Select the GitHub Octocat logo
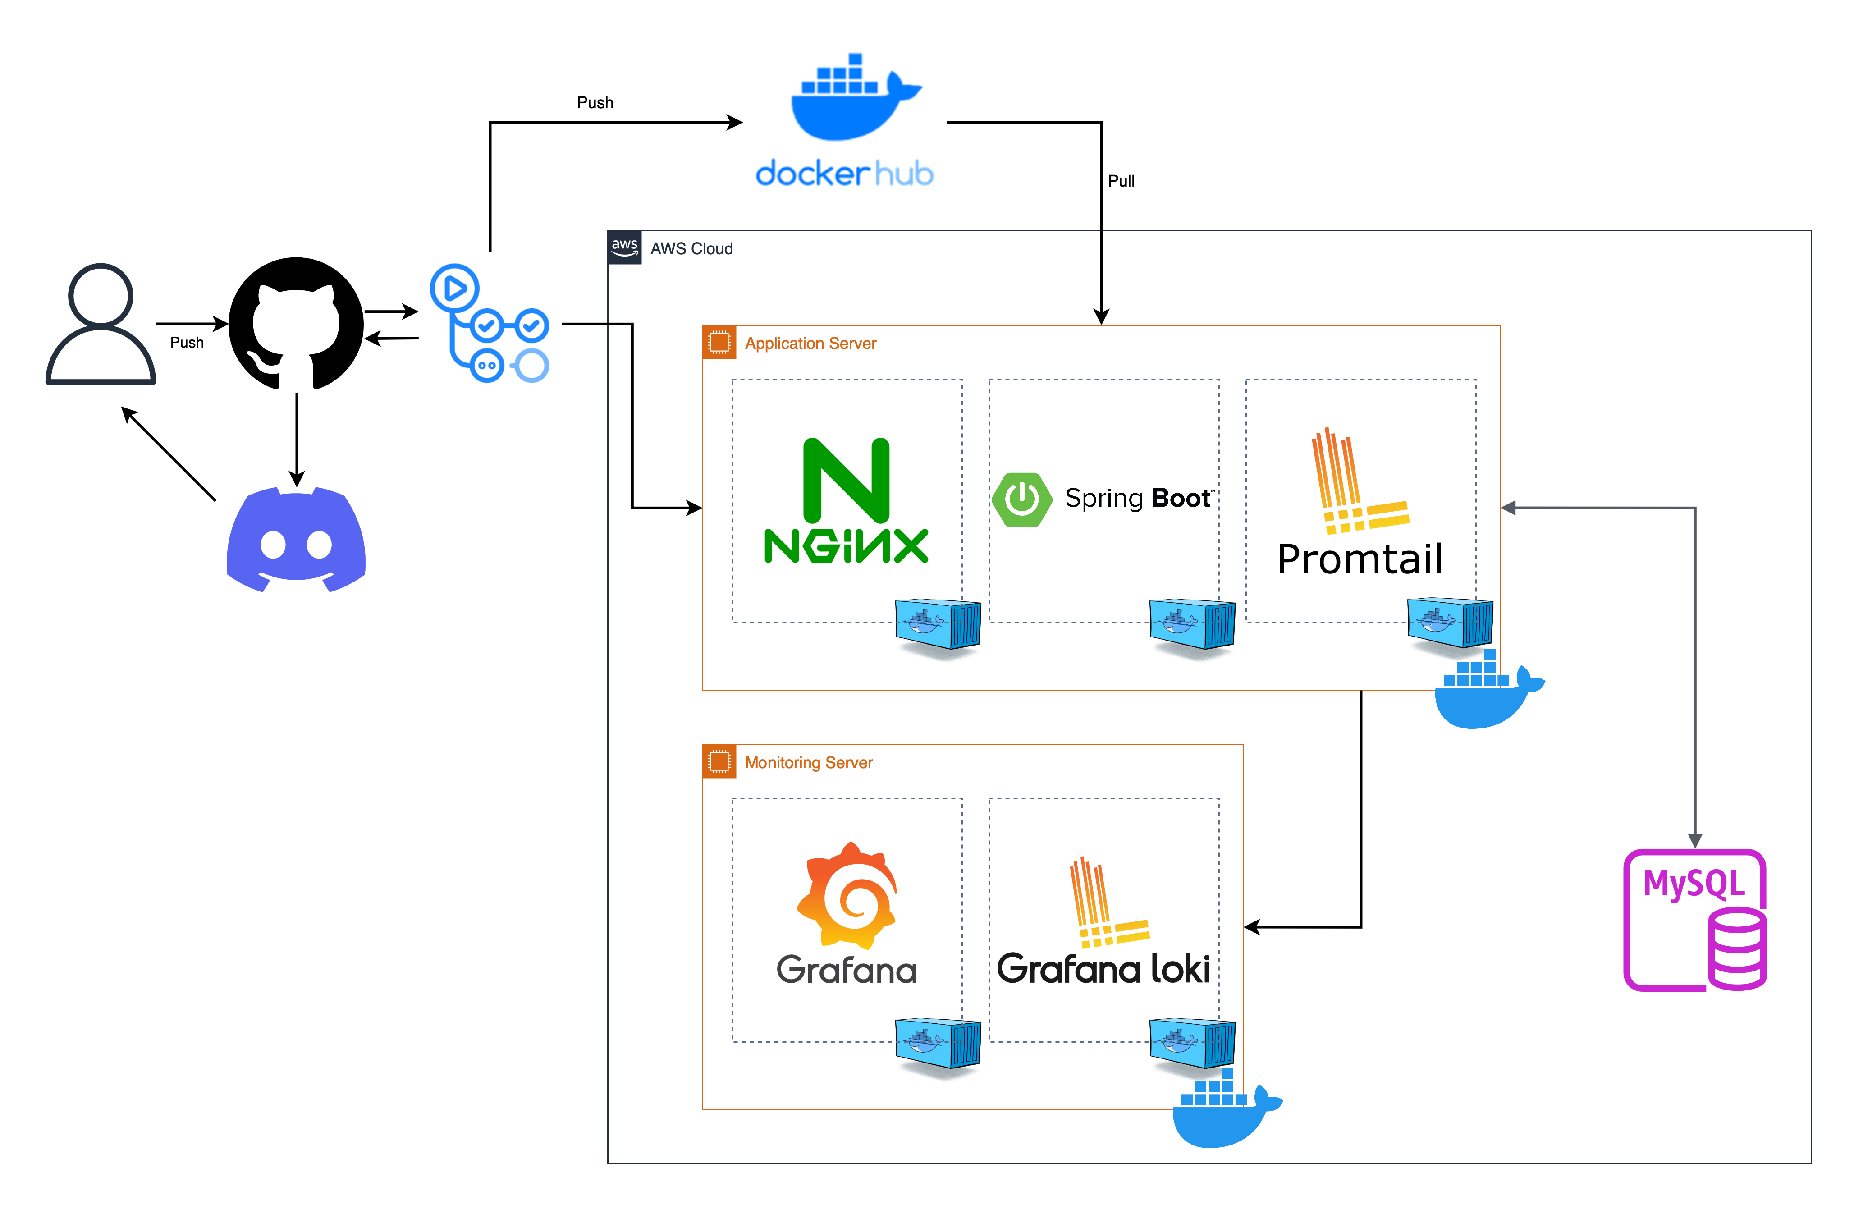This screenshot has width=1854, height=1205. [296, 323]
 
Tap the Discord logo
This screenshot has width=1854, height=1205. [296, 539]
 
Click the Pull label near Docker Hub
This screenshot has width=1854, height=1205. [1121, 181]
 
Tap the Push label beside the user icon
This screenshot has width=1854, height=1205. [187, 343]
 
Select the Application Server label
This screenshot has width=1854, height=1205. [810, 344]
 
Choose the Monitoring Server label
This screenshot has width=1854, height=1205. [809, 763]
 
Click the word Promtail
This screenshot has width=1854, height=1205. [1360, 559]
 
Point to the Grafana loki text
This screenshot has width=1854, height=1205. [1103, 969]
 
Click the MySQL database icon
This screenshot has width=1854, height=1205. [1695, 920]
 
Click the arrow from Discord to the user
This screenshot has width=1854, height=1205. [169, 454]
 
